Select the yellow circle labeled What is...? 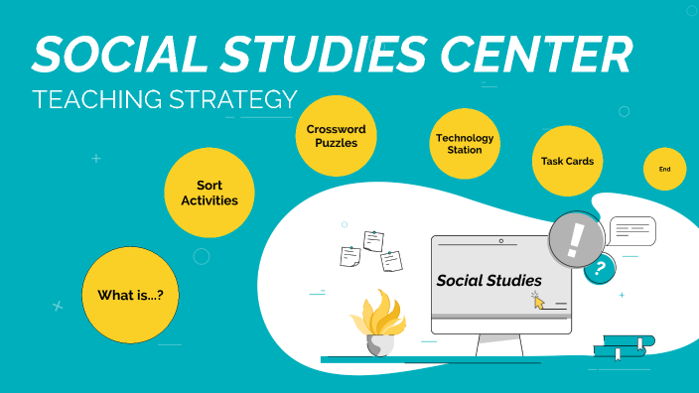[130, 295]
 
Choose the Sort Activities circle [209, 193]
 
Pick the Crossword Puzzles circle [337, 136]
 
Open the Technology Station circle [464, 144]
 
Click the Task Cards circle [568, 162]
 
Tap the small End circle [664, 170]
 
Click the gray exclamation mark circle [576, 239]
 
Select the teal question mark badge [598, 268]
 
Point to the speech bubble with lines [632, 231]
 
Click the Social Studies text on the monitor [489, 281]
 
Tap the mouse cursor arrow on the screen [538, 302]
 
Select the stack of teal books [624, 348]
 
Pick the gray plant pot [379, 344]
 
